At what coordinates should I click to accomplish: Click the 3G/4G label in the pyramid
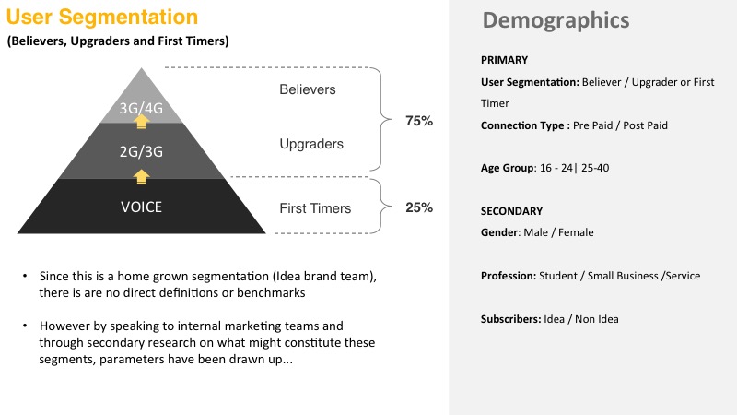pos(141,108)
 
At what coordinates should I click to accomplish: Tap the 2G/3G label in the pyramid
pos(141,151)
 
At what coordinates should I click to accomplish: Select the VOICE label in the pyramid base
pos(141,207)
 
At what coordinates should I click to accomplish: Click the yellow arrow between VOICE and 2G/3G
pos(141,177)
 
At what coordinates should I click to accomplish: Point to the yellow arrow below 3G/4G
pos(141,122)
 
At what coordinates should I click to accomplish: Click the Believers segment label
pos(308,89)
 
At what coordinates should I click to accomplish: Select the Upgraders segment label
pos(311,144)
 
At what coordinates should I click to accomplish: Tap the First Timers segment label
pos(315,208)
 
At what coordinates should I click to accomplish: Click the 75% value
pos(419,121)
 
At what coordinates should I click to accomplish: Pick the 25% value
pos(419,207)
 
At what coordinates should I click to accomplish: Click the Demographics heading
pos(556,20)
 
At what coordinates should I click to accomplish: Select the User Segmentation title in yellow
pos(102,17)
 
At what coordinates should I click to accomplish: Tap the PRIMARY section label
pos(504,60)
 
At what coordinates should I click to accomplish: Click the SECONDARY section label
pos(511,211)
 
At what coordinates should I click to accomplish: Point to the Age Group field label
pos(508,169)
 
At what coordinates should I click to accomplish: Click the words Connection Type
pos(521,125)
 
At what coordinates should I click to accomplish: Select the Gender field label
pos(499,232)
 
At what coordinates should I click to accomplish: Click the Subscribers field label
pos(510,319)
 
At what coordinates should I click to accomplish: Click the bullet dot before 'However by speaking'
pos(25,326)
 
